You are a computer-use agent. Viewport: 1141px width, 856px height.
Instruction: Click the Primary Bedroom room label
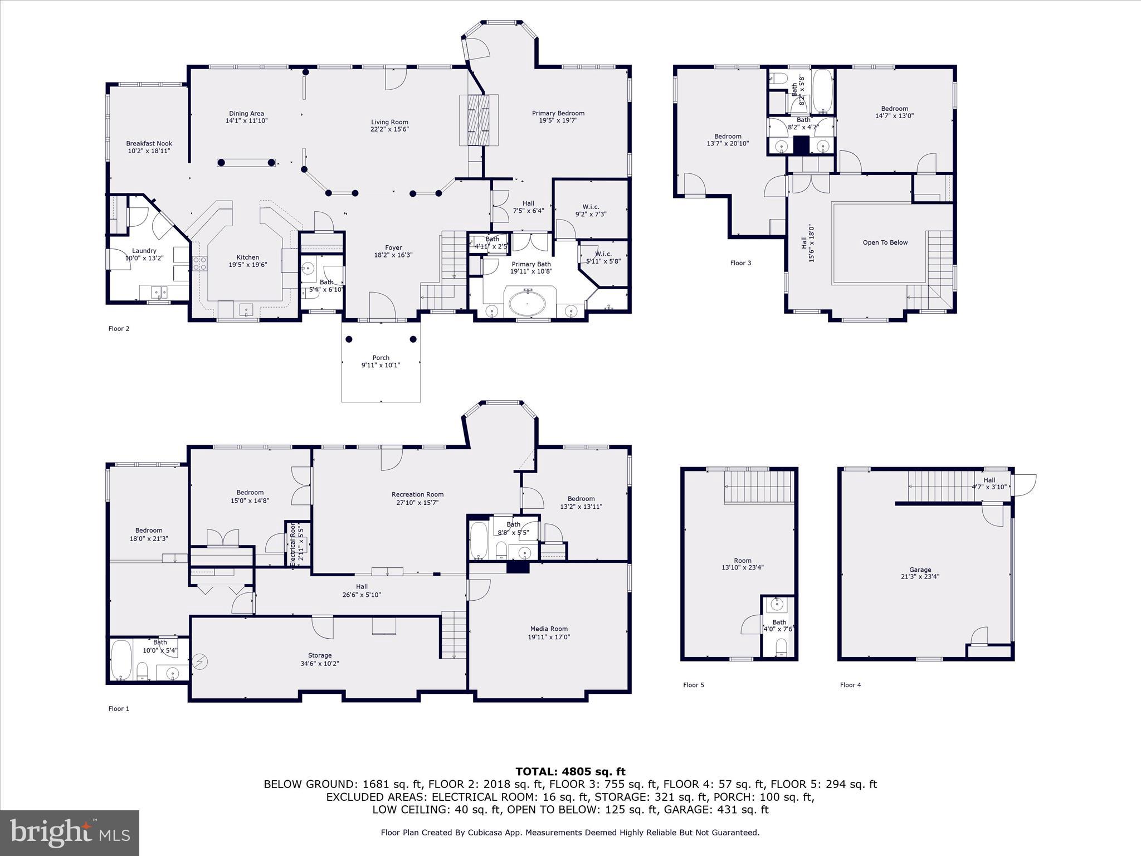(x=558, y=113)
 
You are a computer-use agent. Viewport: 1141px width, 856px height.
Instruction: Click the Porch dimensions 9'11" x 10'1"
(x=381, y=365)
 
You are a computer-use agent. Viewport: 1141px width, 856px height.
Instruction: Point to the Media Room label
(x=549, y=629)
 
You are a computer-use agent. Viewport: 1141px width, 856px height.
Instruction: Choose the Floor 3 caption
(x=740, y=263)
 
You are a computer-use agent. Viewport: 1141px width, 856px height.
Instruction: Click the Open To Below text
(x=885, y=242)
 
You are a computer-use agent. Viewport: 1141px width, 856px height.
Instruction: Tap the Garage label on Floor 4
(x=920, y=570)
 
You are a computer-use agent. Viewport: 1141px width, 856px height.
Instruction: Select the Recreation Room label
(x=417, y=494)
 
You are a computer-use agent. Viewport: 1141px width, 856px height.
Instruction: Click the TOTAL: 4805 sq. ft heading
(x=570, y=771)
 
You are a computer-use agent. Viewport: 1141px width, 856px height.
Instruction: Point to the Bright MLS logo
(x=70, y=833)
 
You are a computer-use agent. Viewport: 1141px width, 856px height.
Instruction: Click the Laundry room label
(x=144, y=251)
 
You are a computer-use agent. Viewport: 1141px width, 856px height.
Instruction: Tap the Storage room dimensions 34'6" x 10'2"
(x=320, y=663)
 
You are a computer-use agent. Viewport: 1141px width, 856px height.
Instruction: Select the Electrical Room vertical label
(x=293, y=544)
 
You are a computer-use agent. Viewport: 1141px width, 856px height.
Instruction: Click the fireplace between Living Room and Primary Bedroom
(x=478, y=120)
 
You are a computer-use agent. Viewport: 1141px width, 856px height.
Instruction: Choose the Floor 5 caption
(x=693, y=685)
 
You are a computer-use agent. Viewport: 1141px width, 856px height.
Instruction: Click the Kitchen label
(x=247, y=257)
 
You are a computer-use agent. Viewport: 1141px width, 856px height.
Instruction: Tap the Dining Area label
(x=246, y=113)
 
